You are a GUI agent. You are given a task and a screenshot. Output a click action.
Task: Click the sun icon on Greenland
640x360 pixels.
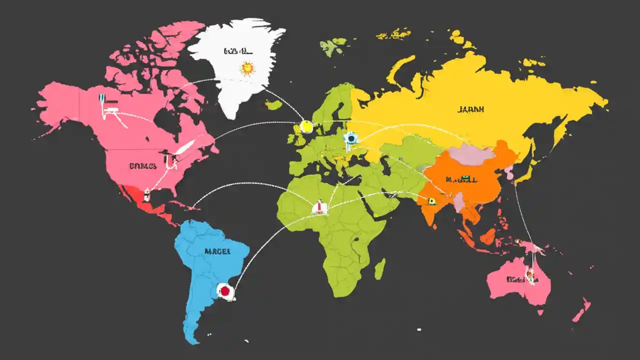tap(247, 68)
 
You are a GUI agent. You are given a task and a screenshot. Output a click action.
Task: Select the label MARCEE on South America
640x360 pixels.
tap(217, 251)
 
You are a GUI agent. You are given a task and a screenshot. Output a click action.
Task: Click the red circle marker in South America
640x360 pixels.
tap(224, 290)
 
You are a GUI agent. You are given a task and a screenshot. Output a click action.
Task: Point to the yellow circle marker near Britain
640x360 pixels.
tap(306, 127)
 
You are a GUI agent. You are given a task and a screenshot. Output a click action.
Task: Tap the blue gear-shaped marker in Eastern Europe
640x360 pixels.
tap(351, 138)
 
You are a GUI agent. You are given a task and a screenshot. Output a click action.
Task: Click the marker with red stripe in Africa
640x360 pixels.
tap(319, 206)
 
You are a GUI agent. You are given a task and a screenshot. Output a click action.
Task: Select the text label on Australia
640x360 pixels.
tap(517, 279)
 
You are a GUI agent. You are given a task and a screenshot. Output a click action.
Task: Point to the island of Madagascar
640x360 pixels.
tap(380, 268)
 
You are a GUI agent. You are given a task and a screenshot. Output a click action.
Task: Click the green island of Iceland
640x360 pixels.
tap(273, 104)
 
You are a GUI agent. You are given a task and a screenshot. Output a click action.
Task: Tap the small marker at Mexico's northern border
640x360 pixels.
tap(147, 192)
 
